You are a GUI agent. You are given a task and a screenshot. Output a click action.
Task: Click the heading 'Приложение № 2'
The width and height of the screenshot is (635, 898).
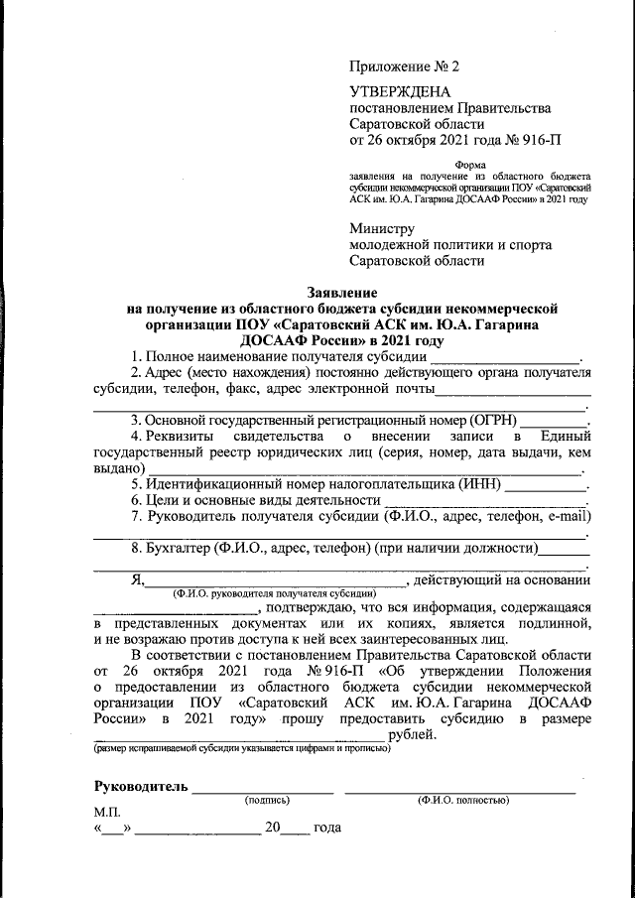coord(406,66)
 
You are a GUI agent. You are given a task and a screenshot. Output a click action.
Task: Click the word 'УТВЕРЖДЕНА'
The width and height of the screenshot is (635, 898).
coord(394,91)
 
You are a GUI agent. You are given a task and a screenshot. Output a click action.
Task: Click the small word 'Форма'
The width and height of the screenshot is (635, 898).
coord(469,166)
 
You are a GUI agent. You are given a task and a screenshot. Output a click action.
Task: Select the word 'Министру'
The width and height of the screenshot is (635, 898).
coord(382,227)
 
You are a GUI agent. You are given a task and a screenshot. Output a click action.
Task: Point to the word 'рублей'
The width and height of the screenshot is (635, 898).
coord(411,734)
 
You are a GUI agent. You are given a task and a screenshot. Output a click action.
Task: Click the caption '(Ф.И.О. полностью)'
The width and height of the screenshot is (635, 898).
coord(462,799)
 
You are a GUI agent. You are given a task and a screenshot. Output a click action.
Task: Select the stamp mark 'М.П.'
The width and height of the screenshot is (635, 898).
coord(106,812)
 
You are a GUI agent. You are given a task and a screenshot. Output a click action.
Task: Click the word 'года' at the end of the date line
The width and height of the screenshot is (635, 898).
coord(326,828)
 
